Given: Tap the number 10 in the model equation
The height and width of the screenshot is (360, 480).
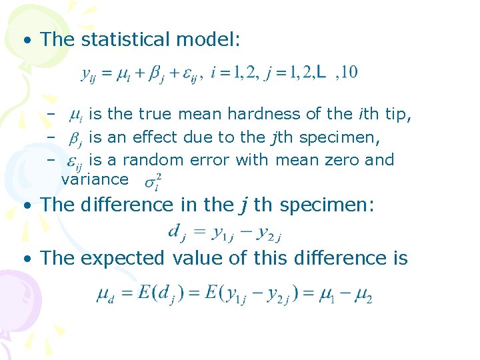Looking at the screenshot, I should point(349,72).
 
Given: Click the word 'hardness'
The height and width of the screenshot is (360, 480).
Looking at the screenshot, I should point(289,115).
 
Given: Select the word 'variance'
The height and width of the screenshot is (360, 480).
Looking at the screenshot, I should point(95,179).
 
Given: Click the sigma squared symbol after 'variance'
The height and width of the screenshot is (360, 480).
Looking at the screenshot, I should point(153,181).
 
